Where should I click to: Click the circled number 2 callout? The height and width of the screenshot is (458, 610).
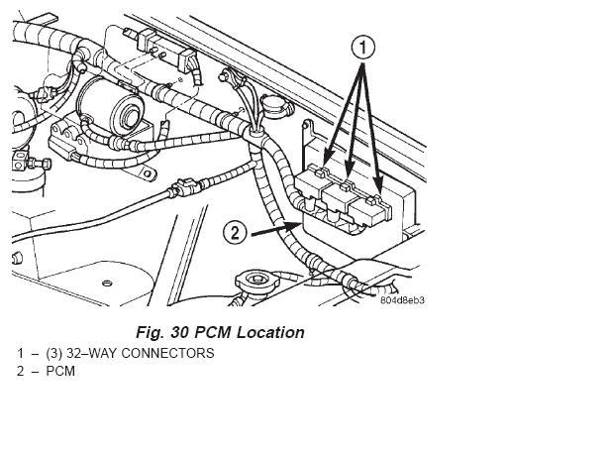pyautogui.click(x=235, y=233)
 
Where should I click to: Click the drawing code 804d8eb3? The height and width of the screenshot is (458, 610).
pyautogui.click(x=402, y=299)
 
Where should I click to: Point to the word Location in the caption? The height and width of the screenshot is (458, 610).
pyautogui.click(x=269, y=332)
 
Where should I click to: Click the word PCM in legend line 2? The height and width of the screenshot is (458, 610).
pyautogui.click(x=59, y=372)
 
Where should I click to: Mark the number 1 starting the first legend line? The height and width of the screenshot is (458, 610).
pyautogui.click(x=20, y=353)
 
